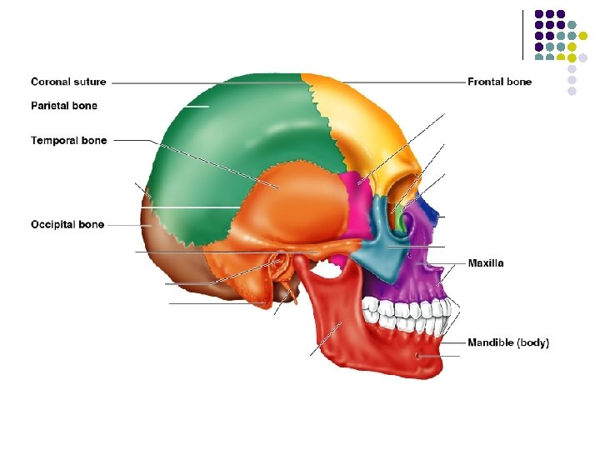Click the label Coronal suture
click(68, 82)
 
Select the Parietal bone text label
click(64, 106)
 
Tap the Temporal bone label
click(69, 140)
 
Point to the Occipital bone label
click(67, 224)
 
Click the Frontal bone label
click(499, 82)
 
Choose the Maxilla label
click(485, 263)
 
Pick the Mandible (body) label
click(508, 342)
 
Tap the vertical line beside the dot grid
click(522, 34)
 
